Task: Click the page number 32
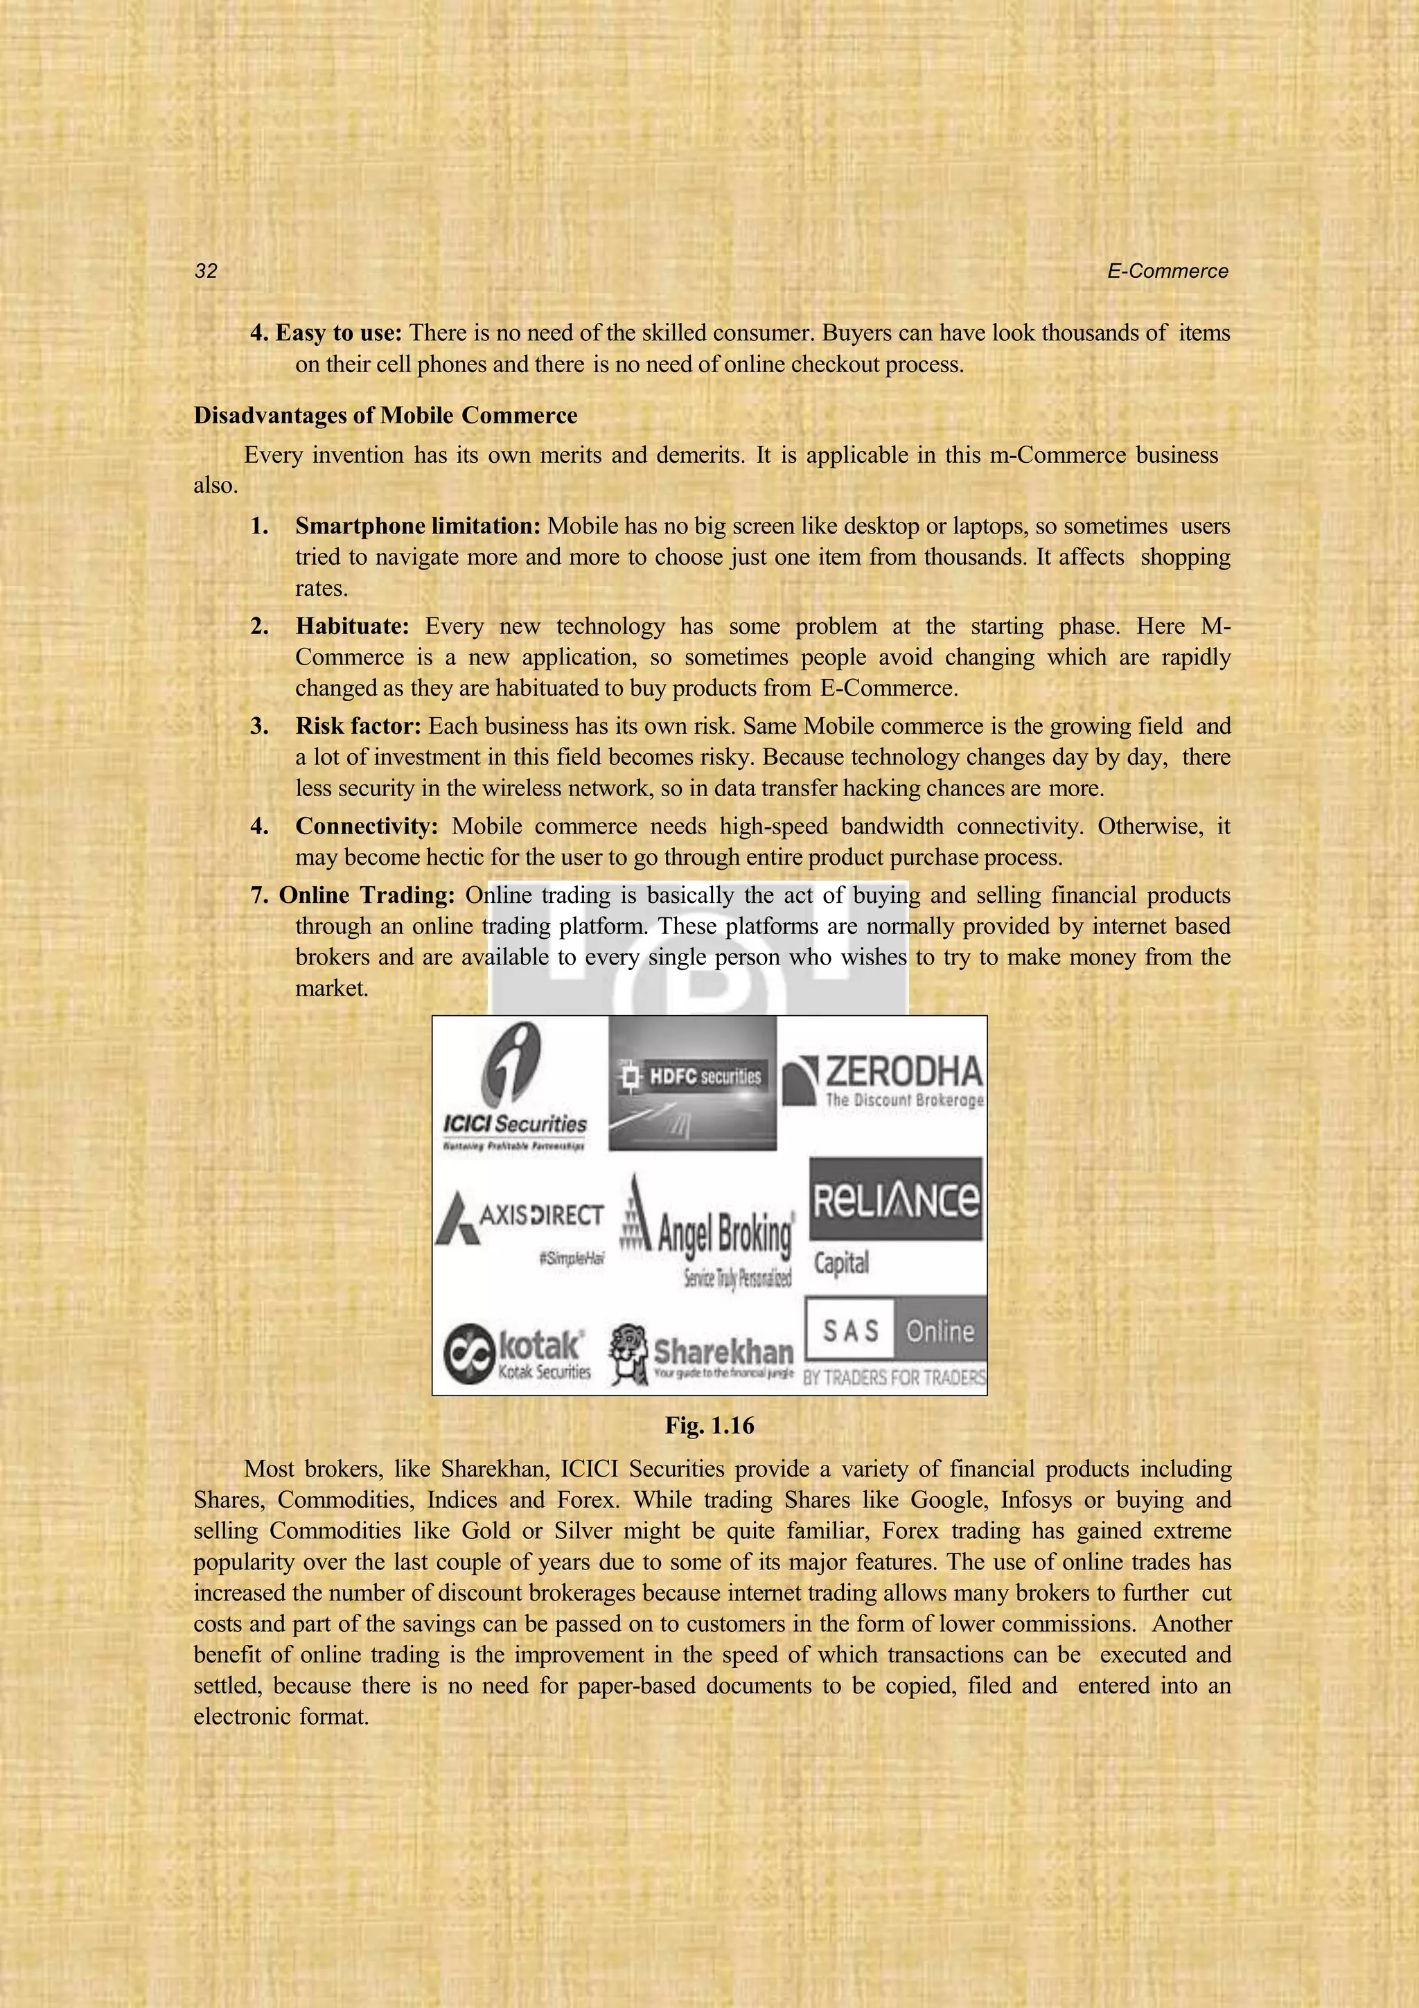(206, 271)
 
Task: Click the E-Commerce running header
(1167, 271)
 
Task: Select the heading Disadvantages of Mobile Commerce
(385, 416)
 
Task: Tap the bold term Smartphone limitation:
(418, 527)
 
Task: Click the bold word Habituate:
(351, 626)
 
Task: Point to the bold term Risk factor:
(358, 726)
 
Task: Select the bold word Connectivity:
(367, 826)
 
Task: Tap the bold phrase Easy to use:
(338, 333)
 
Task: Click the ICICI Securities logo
(515, 1089)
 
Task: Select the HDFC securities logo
(691, 1083)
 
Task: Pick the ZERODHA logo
(883, 1081)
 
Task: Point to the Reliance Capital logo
(895, 1215)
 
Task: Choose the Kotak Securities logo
(518, 1353)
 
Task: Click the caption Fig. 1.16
(709, 1425)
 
